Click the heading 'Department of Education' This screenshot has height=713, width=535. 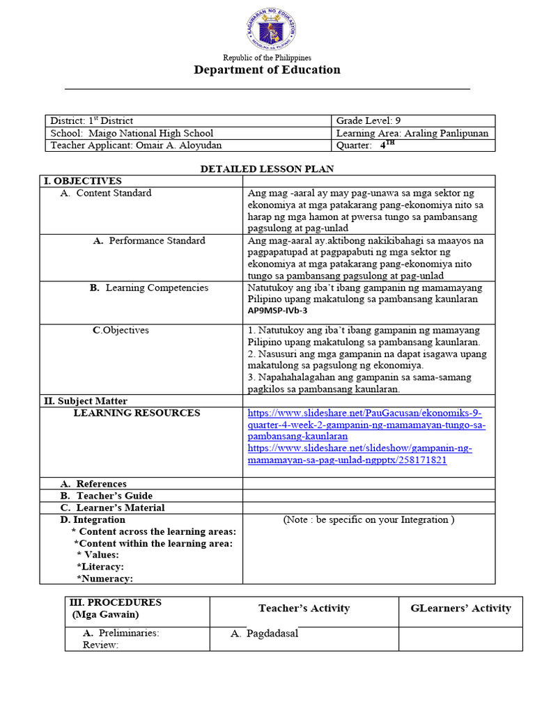pyautogui.click(x=267, y=70)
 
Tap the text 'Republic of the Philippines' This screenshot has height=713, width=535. pyautogui.click(x=267, y=58)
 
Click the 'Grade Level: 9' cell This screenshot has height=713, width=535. pyautogui.click(x=369, y=121)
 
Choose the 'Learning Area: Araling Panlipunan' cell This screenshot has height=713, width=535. pyautogui.click(x=412, y=133)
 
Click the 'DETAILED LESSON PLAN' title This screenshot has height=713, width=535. pyautogui.click(x=267, y=169)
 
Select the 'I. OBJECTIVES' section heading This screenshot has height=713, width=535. pyautogui.click(x=83, y=181)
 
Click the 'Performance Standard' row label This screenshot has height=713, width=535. pyautogui.click(x=157, y=240)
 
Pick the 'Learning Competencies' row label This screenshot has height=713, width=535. pyautogui.click(x=157, y=288)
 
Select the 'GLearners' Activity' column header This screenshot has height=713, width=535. pyautogui.click(x=460, y=609)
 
